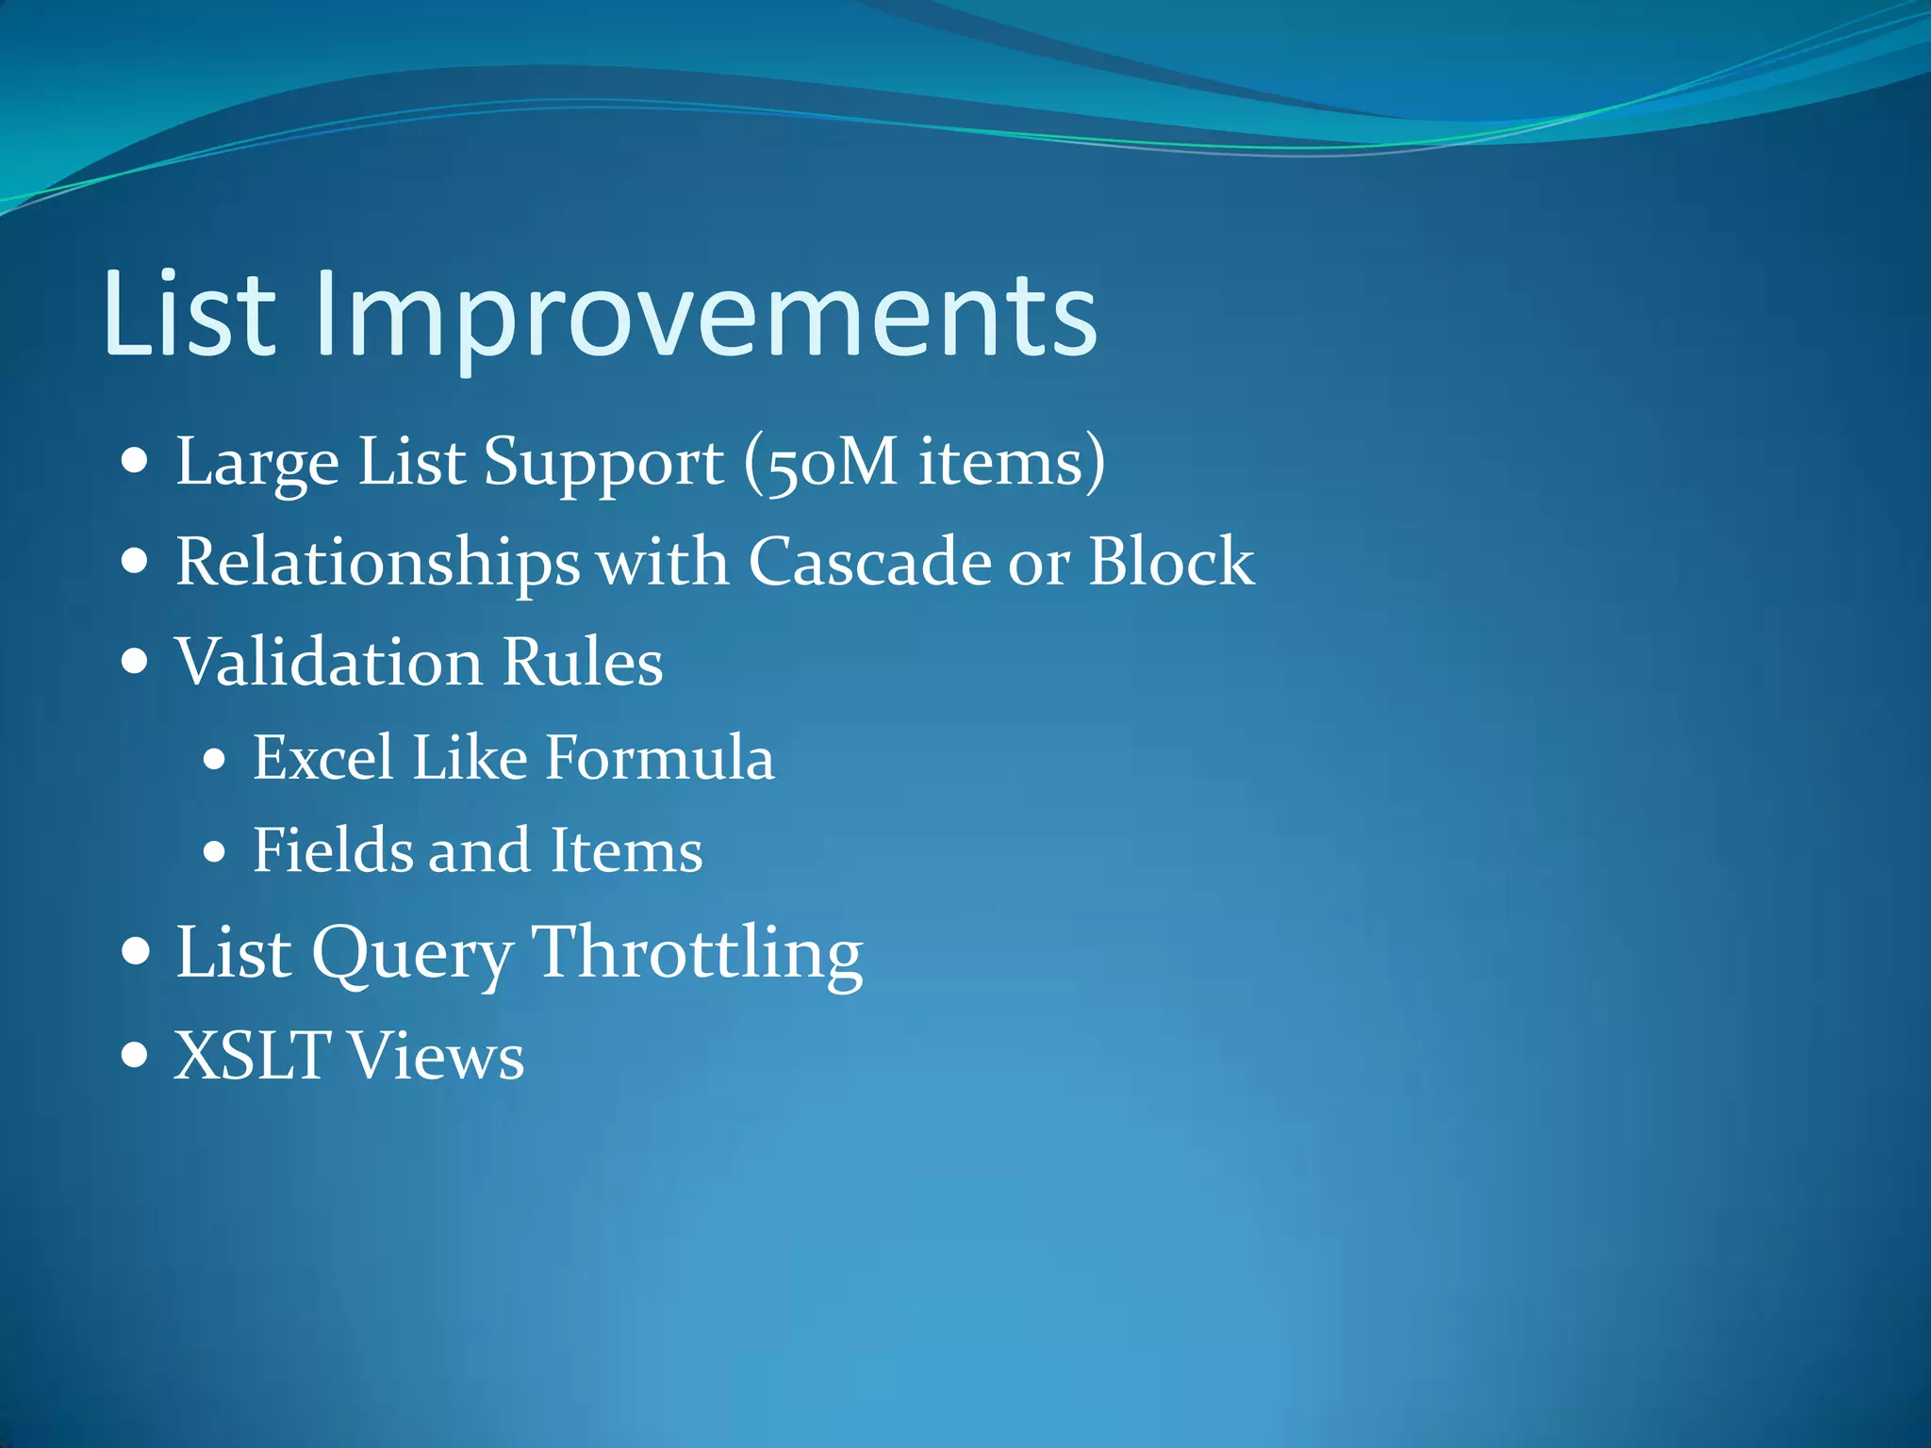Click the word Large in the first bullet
click(256, 463)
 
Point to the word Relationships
click(377, 563)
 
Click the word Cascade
click(869, 563)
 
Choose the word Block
click(1171, 563)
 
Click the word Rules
click(582, 662)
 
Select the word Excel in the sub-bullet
click(322, 758)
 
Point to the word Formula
click(660, 758)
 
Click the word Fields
click(332, 851)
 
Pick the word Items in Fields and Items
click(626, 851)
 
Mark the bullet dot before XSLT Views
click(136, 1053)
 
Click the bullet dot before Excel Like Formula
click(215, 759)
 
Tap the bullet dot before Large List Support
click(136, 462)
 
